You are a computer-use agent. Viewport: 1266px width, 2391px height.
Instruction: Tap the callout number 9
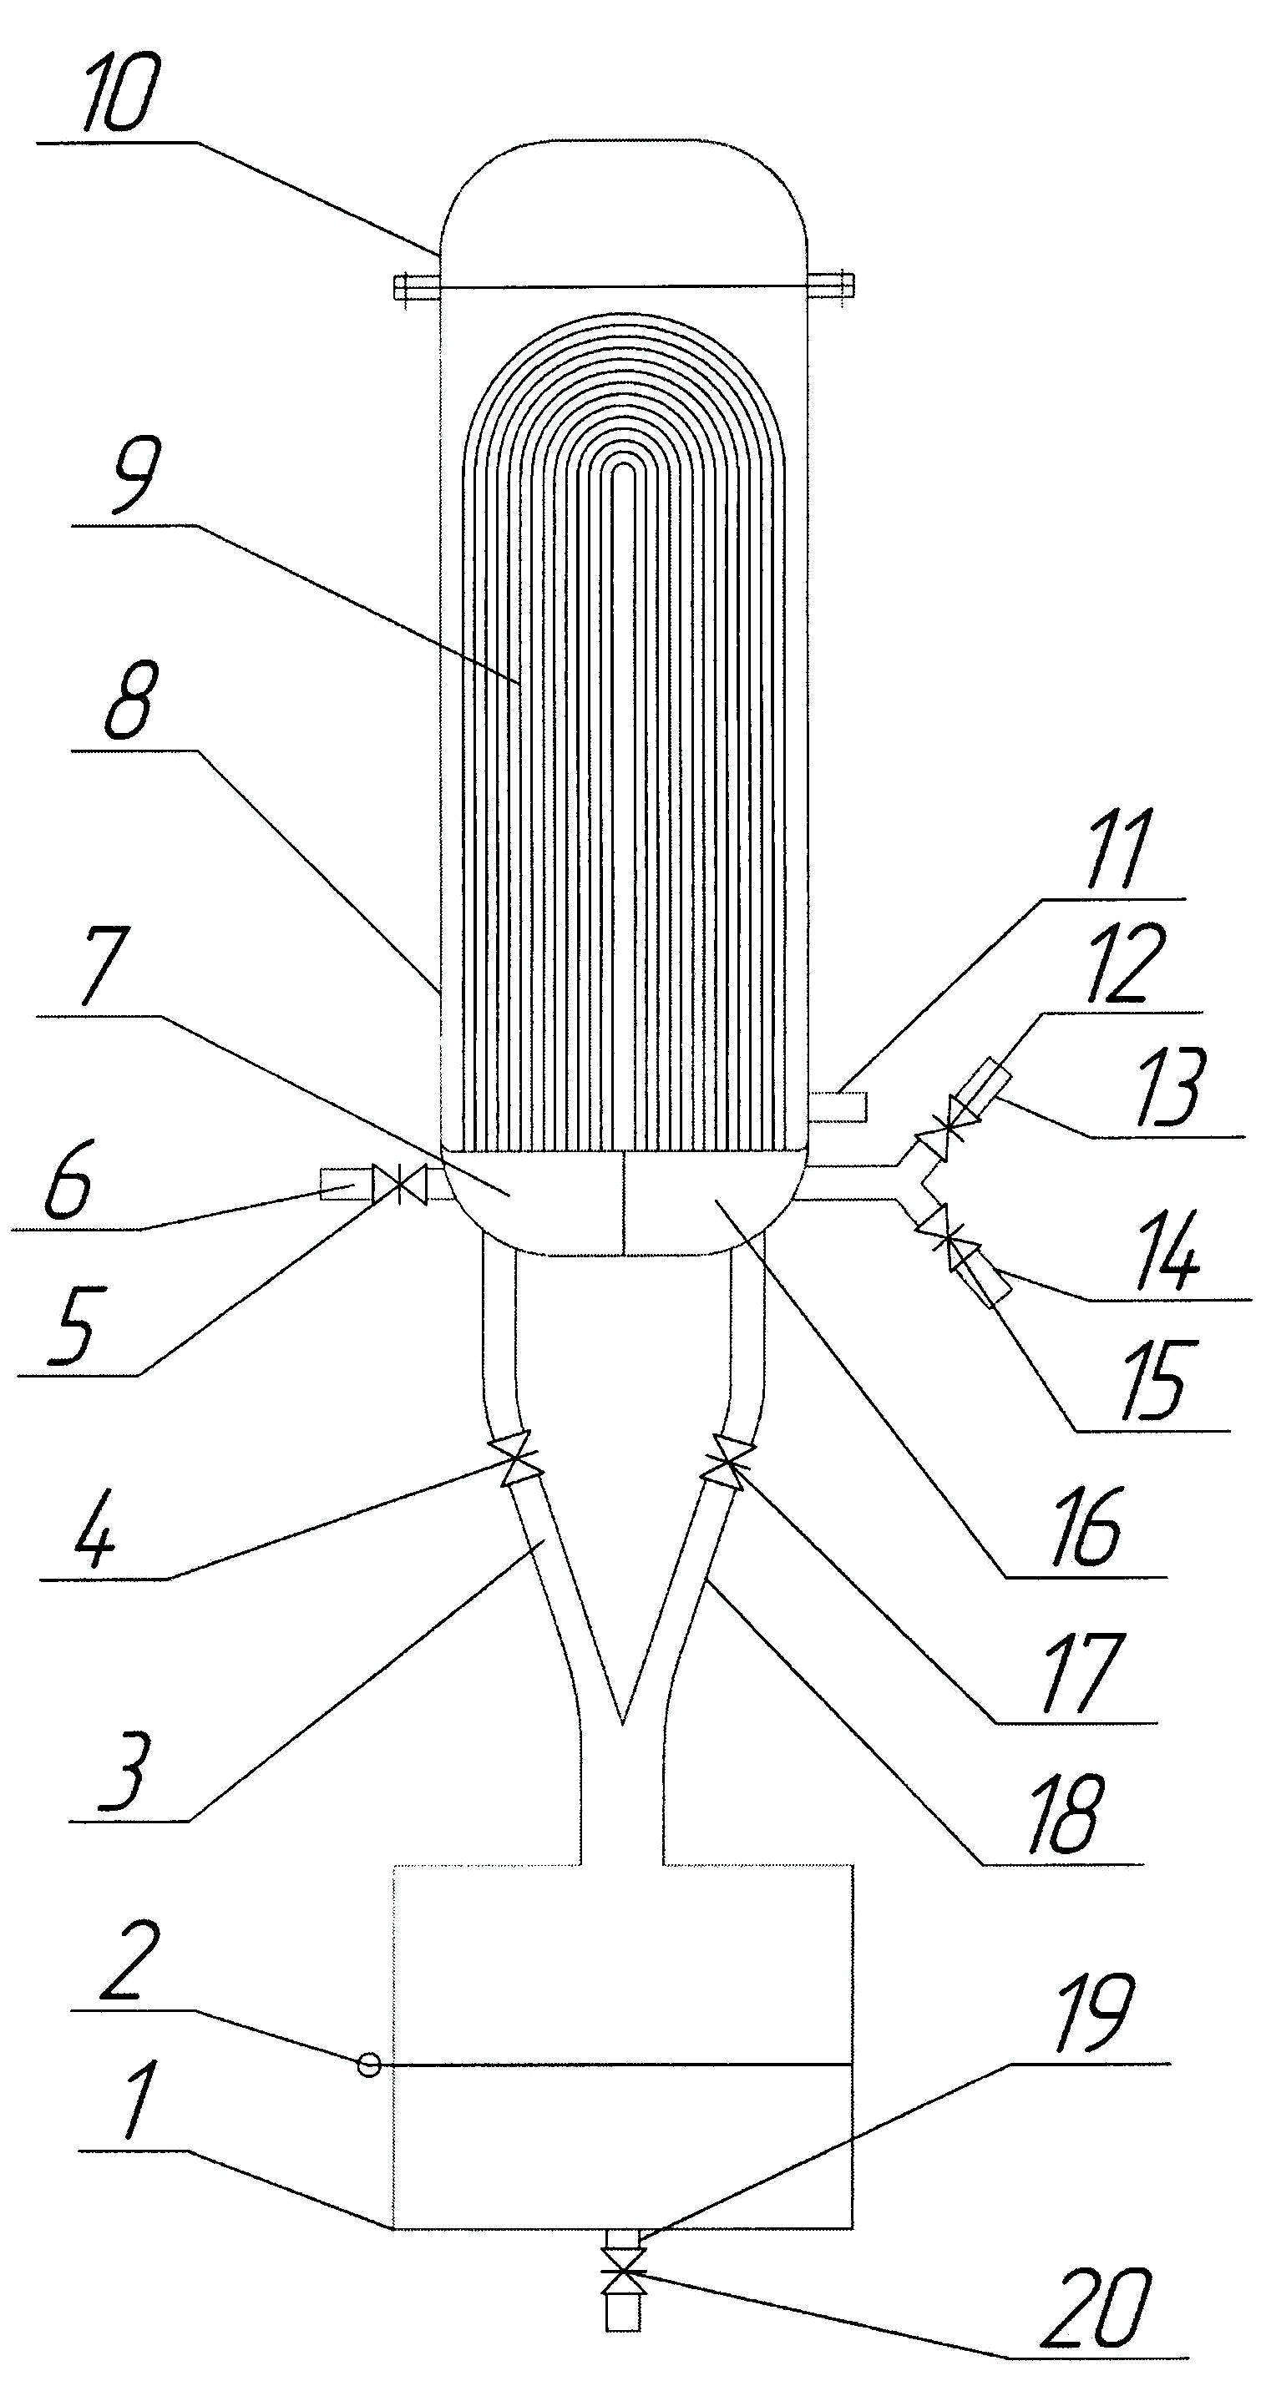click(135, 475)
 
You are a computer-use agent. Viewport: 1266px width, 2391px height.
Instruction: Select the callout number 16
click(1085, 1528)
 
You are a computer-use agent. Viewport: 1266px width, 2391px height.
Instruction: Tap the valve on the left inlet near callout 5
click(399, 1185)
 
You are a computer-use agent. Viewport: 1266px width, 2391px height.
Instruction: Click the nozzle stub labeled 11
click(838, 1107)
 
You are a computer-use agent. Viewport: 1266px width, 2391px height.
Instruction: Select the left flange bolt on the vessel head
click(415, 287)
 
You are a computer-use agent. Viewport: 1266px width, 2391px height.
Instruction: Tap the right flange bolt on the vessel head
click(831, 287)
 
